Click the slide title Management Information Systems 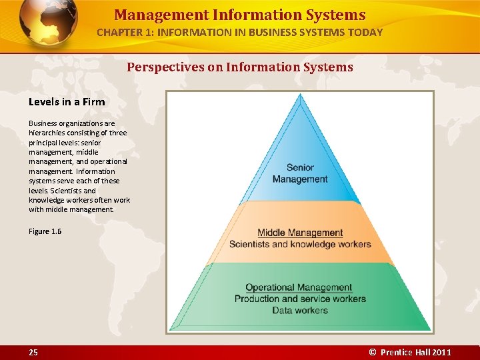(240, 15)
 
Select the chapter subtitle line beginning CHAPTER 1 (240, 32)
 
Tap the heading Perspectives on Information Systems (240, 67)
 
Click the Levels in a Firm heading (67, 102)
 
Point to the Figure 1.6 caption (45, 231)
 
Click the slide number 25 (33, 352)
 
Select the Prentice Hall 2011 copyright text (411, 352)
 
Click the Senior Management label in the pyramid (300, 173)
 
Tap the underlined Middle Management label (300, 233)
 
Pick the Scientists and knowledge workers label (300, 244)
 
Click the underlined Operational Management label (299, 287)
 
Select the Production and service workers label (300, 299)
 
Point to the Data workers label (300, 310)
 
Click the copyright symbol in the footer (373, 352)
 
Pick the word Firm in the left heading (93, 102)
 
